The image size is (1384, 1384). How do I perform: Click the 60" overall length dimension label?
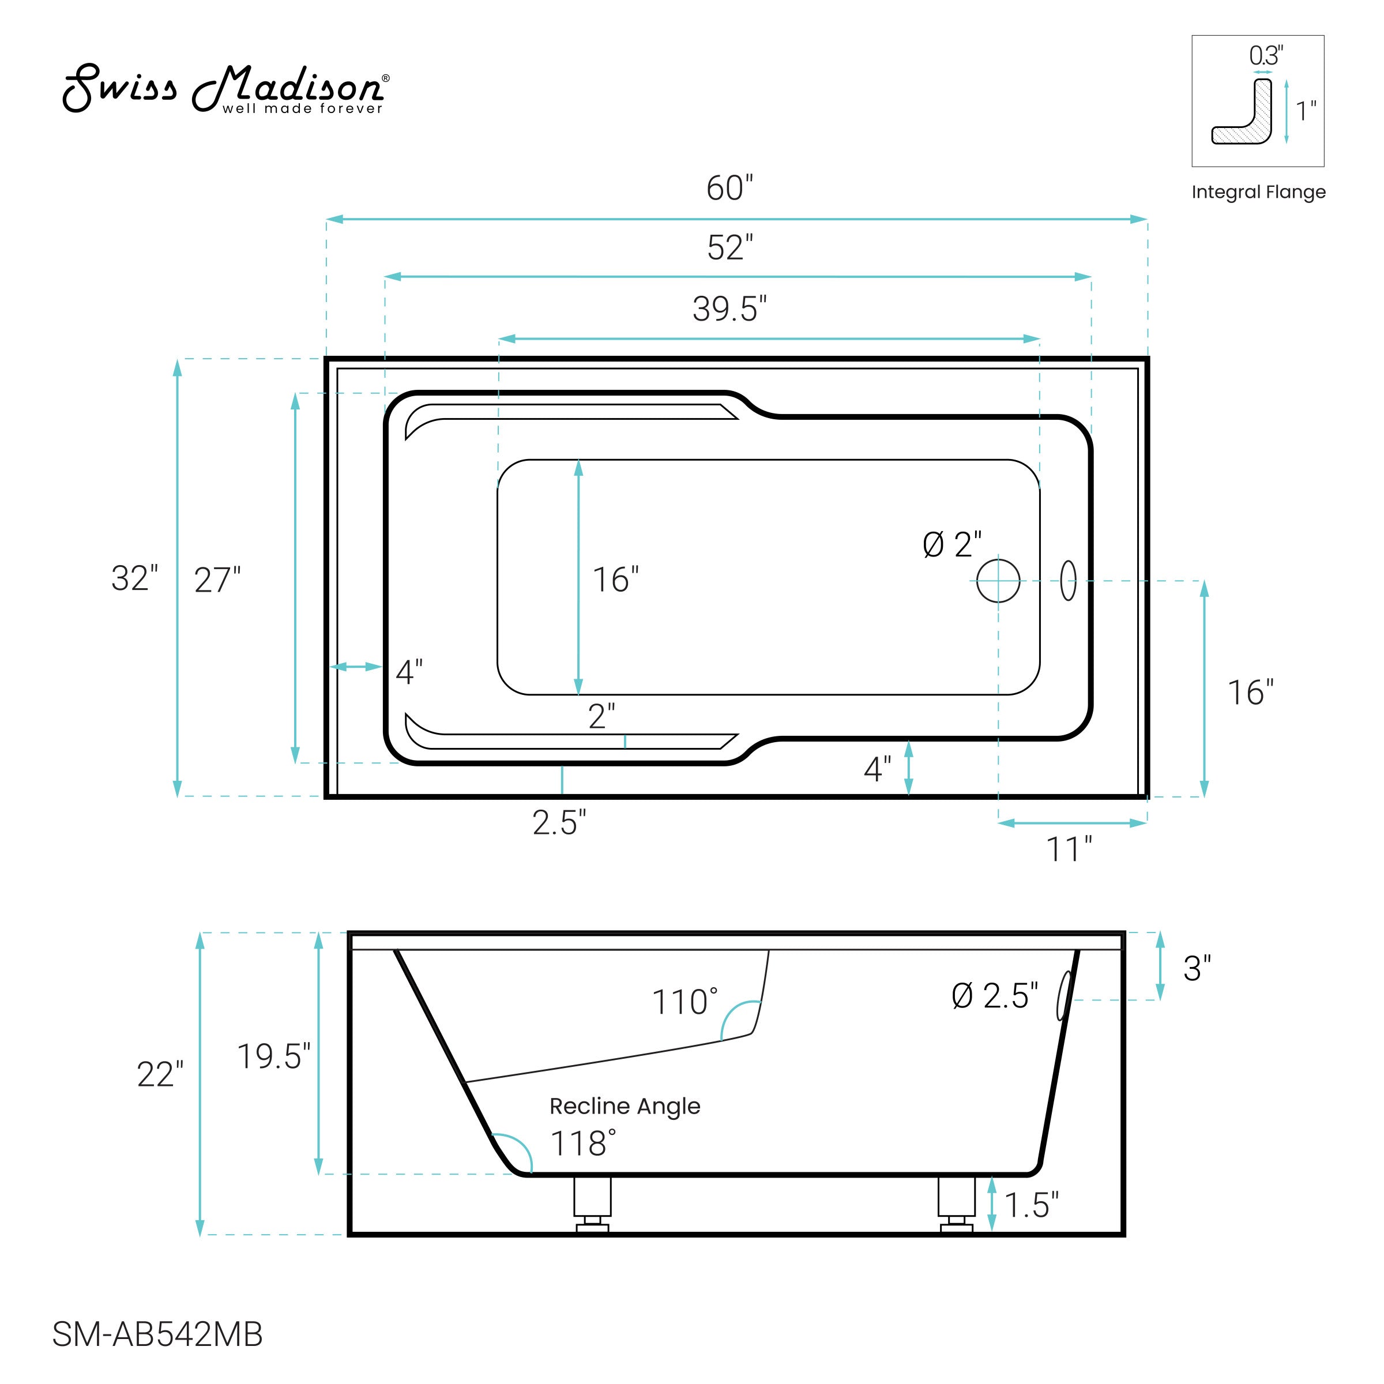point(730,189)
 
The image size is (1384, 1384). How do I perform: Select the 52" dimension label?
point(730,248)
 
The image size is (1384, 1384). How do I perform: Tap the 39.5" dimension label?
point(730,310)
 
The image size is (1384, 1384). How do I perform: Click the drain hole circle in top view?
point(998,580)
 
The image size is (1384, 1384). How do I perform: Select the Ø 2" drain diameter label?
point(952,545)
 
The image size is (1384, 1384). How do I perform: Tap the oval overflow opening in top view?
point(1068,580)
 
